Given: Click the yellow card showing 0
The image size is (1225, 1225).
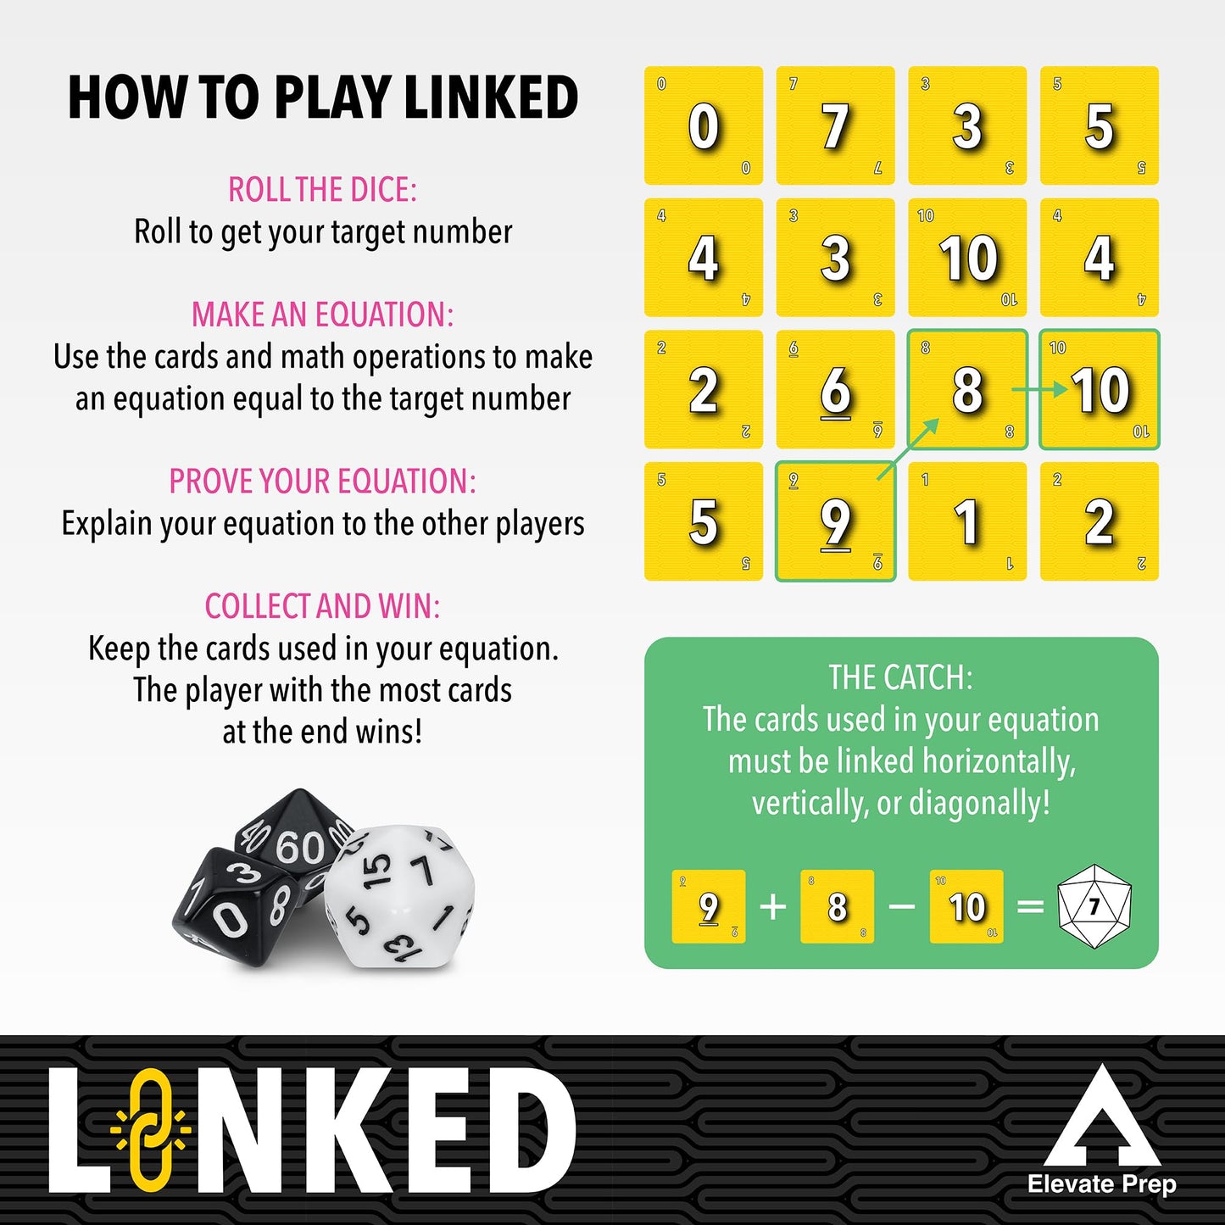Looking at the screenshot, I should coord(703,125).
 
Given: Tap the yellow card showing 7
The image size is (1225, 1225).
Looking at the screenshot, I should coord(835,125).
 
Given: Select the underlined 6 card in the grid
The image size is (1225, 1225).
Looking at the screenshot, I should coord(835,390).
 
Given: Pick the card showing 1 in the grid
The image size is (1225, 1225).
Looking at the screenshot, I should coord(967,521).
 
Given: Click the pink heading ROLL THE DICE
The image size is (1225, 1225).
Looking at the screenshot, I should coord(322,190).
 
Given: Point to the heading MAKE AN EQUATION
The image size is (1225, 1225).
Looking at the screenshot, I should coord(322,315).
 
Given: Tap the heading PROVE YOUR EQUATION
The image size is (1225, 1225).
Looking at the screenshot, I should coord(322,482).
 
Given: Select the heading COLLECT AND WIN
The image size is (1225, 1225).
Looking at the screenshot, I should coord(322,606).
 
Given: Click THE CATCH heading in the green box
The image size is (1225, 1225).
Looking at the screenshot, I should coord(900,677).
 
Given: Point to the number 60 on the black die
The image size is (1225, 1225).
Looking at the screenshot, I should coord(298,847).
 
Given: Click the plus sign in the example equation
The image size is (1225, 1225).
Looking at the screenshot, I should coord(772,907).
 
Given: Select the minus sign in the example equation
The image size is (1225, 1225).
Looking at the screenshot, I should coord(902,907).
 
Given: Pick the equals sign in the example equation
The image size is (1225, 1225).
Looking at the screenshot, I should coord(1030,907).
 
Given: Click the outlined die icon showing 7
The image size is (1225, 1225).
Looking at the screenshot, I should coord(1094,906).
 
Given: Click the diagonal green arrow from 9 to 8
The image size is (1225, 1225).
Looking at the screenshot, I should coord(908,448).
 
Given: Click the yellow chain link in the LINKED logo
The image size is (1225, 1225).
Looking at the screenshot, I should coord(151,1128).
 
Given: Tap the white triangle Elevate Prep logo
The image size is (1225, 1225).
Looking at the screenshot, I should coord(1101,1119).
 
